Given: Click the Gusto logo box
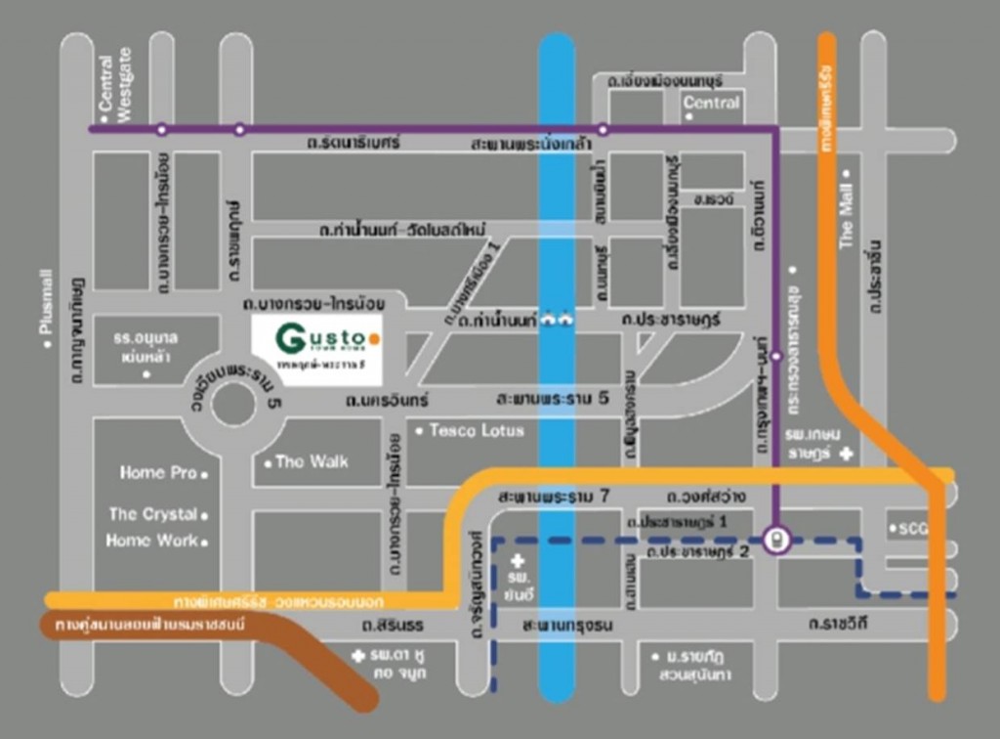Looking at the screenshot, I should [x=316, y=350].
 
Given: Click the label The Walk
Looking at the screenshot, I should [x=312, y=461].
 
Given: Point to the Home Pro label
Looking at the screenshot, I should [x=158, y=473].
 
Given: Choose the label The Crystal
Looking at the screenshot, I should [x=153, y=514].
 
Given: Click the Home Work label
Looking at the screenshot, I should [x=152, y=541].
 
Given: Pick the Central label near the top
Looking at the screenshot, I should [x=712, y=103].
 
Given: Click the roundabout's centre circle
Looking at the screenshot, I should [x=232, y=404].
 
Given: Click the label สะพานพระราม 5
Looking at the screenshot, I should [x=552, y=399].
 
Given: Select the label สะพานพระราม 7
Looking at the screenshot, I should [x=554, y=497].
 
